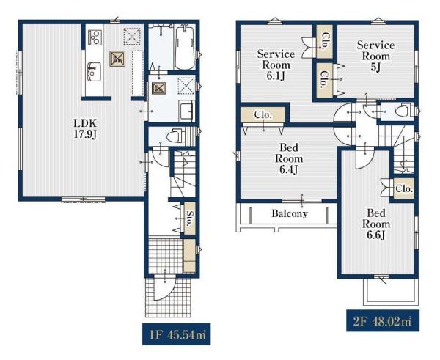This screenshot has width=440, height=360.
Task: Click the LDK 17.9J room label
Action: click(x=85, y=129)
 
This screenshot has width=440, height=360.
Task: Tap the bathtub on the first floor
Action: click(x=185, y=47)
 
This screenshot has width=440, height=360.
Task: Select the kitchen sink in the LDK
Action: click(x=94, y=72)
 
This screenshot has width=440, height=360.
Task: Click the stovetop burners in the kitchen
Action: click(x=95, y=37)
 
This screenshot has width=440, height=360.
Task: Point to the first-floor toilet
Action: click(x=176, y=136)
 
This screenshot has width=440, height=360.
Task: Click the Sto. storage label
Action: click(x=190, y=218)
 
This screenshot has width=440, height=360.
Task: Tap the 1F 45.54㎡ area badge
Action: click(x=176, y=334)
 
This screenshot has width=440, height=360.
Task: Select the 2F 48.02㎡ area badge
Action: click(x=383, y=320)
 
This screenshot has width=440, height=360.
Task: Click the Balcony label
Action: click(x=290, y=213)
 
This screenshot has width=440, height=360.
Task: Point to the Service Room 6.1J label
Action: click(x=276, y=65)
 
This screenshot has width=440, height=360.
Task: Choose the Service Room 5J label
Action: click(x=375, y=56)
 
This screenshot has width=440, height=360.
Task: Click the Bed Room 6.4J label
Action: click(x=289, y=158)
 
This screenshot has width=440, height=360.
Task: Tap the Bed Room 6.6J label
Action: click(x=376, y=224)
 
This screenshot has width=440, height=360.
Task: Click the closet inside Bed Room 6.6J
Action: click(x=404, y=188)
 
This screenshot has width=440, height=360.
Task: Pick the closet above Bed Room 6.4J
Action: click(x=263, y=115)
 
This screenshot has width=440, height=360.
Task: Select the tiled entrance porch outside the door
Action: click(x=168, y=297)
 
